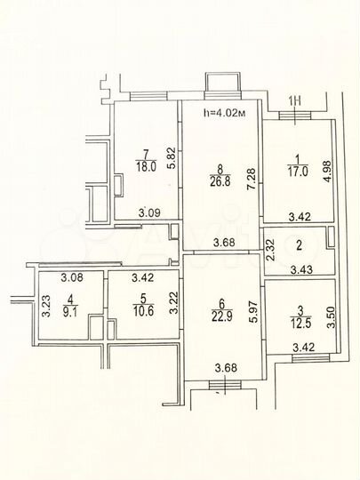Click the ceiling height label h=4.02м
coord(223,113)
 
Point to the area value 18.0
coord(146,164)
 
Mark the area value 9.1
coord(68,311)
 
